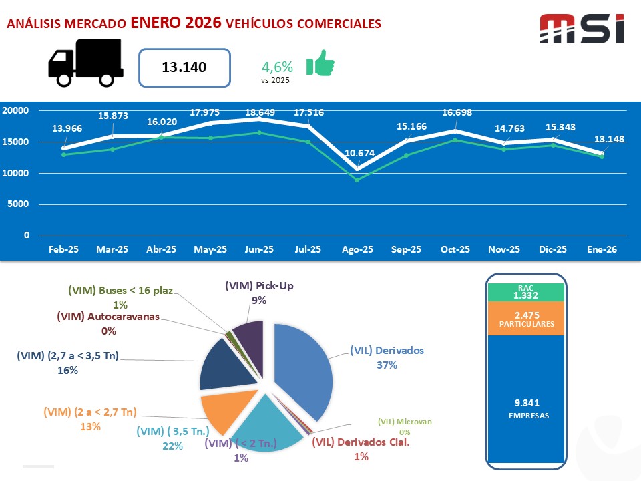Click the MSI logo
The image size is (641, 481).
pos(582,29)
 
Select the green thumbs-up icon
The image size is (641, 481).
pos(320,63)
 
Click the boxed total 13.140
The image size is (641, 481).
pos(184,67)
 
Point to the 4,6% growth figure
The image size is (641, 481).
pos(277,67)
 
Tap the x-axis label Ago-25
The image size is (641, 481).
pos(357,249)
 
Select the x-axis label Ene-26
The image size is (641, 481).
pos(601,249)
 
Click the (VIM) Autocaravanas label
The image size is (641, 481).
pos(108,316)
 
